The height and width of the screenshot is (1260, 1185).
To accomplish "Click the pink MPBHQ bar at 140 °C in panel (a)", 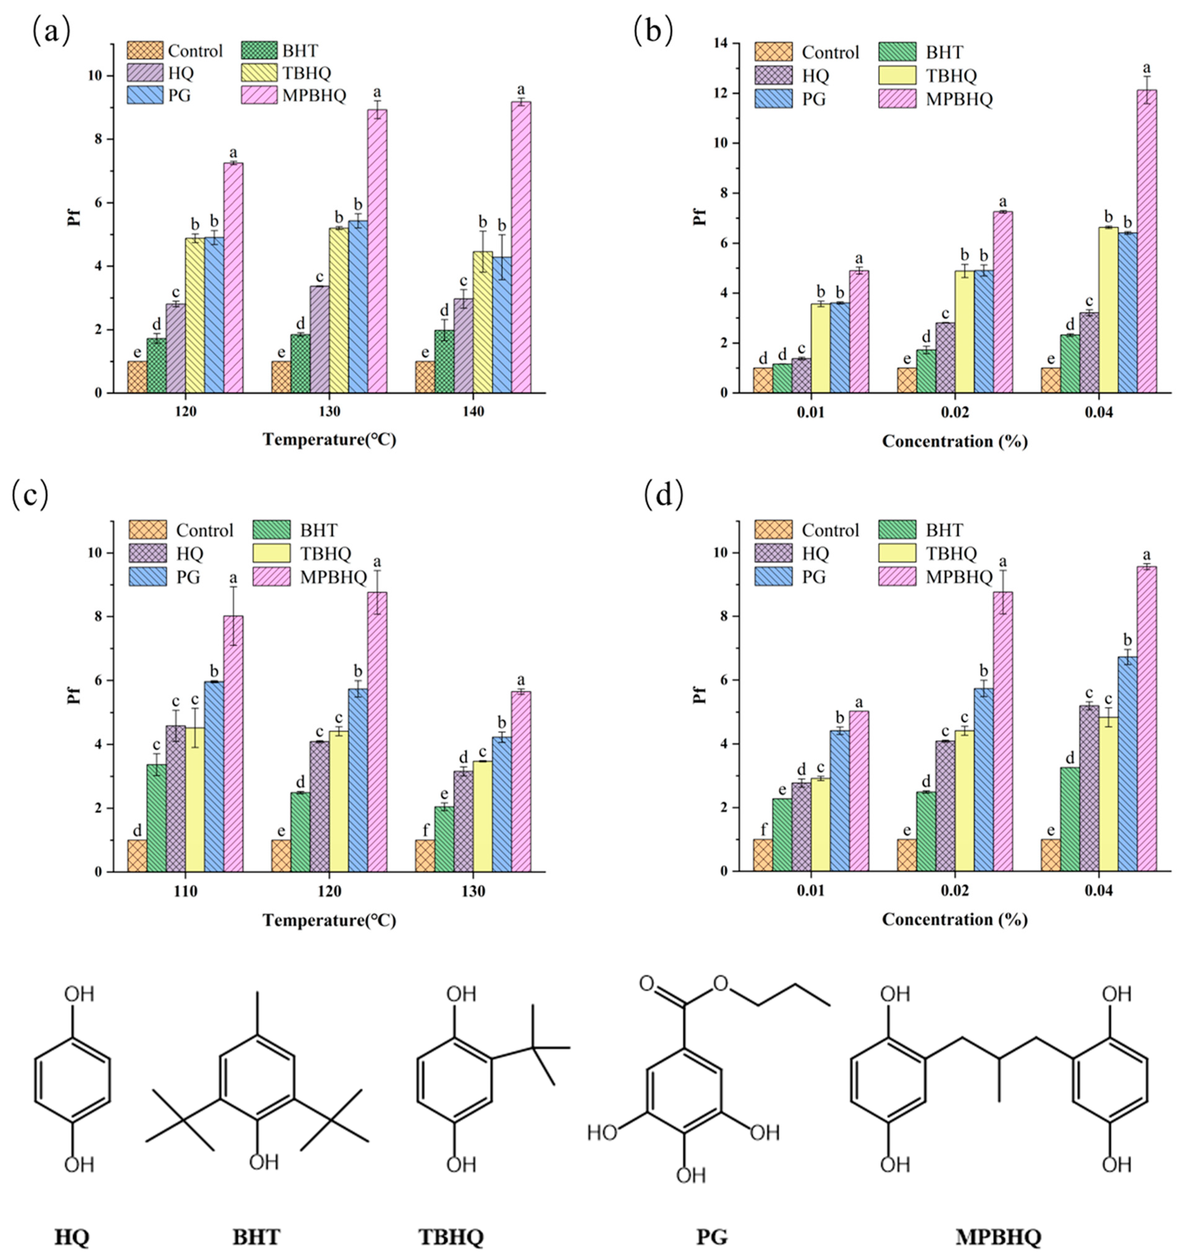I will coord(521,247).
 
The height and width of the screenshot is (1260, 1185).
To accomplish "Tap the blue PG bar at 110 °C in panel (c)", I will coord(213,776).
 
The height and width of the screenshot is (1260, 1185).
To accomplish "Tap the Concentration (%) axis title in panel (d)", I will coord(954,919).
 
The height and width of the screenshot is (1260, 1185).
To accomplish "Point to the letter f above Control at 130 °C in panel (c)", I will coord(425,829).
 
